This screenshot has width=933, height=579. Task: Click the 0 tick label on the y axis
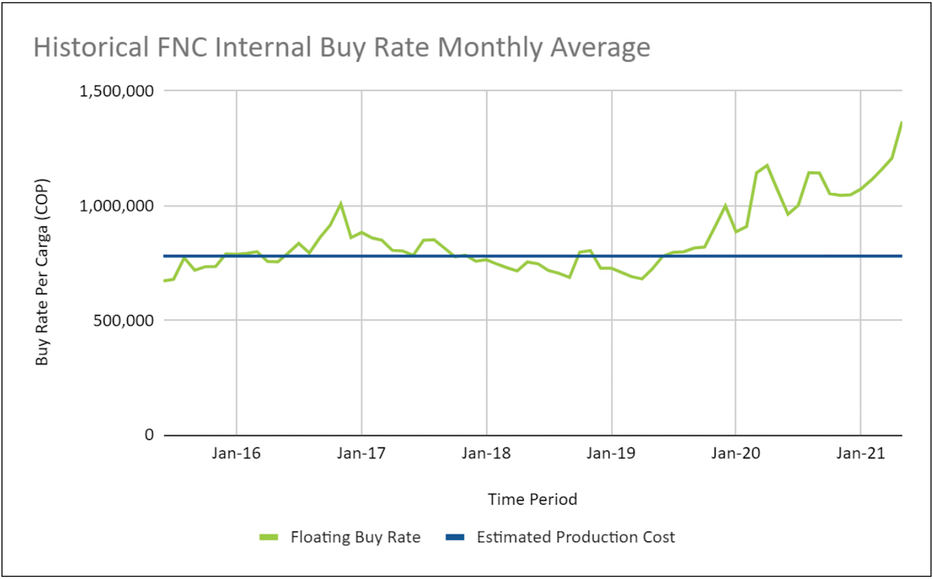tap(149, 435)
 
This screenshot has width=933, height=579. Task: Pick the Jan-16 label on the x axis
tap(236, 453)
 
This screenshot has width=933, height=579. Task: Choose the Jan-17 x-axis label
tap(361, 453)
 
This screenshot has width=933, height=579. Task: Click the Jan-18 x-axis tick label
tap(486, 453)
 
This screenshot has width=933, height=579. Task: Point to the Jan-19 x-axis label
tap(611, 453)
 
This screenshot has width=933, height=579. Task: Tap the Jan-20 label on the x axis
tap(735, 453)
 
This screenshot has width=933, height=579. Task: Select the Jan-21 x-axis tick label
tap(860, 453)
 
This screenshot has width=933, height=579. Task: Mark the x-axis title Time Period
tap(532, 499)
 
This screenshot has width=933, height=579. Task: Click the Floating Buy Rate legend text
tap(355, 538)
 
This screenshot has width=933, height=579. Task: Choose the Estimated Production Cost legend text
tap(576, 538)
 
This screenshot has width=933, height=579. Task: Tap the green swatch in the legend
tap(269, 538)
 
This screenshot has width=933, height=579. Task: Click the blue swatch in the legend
tap(456, 538)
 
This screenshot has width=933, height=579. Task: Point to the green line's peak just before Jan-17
tap(341, 203)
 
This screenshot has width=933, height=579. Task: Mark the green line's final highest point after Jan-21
tap(901, 123)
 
